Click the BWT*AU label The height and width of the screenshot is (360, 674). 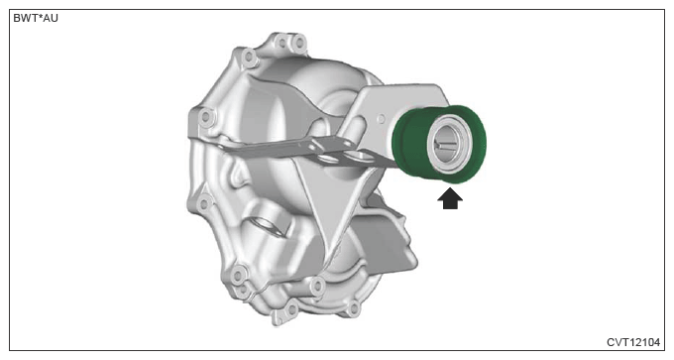tap(36, 19)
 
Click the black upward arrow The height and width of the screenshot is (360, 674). tap(450, 199)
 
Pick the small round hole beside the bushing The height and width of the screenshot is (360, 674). tap(381, 119)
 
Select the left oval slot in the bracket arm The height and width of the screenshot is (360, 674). tap(329, 159)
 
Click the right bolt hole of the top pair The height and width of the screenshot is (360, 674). tap(298, 43)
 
